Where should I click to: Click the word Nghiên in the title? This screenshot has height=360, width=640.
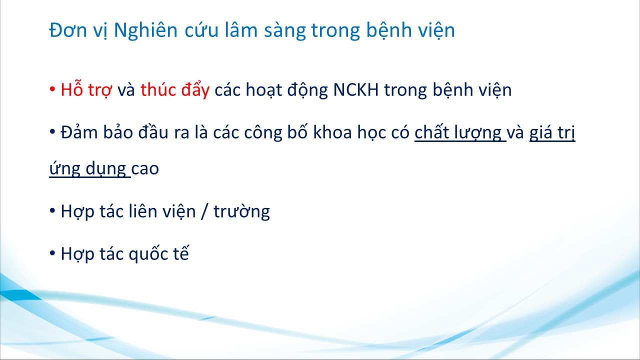click(x=145, y=30)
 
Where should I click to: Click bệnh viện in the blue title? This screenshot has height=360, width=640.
click(x=410, y=30)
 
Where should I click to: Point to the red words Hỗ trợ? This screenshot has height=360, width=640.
click(x=86, y=89)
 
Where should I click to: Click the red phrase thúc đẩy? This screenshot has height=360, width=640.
click(x=175, y=89)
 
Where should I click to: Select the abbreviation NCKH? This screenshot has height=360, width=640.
click(x=356, y=89)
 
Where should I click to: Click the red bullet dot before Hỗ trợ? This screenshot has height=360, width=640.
click(x=52, y=89)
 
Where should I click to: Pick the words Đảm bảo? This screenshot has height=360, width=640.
click(x=97, y=132)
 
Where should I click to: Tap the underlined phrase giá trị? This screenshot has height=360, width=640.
click(x=552, y=133)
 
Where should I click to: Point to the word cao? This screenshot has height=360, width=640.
click(x=145, y=169)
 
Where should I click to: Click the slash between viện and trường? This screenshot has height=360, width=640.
click(x=204, y=211)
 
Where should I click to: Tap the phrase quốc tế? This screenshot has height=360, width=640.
click(x=158, y=254)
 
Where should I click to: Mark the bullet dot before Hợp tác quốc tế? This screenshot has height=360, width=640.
click(x=52, y=253)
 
